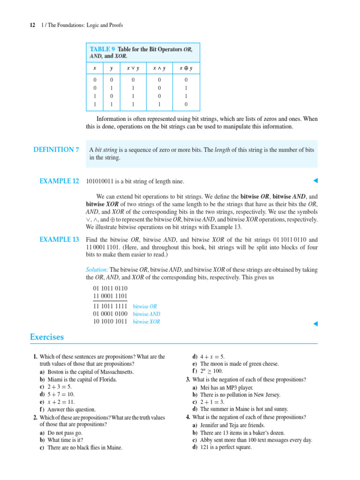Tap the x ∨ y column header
tap(133, 68)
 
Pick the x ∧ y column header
tap(159, 68)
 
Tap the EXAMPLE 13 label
tap(59, 240)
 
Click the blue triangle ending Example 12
tap(315, 181)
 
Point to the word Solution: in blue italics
tap(97, 270)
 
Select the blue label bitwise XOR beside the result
tap(147, 322)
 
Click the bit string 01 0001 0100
tap(110, 314)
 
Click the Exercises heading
tap(47, 337)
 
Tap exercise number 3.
tap(187, 379)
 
